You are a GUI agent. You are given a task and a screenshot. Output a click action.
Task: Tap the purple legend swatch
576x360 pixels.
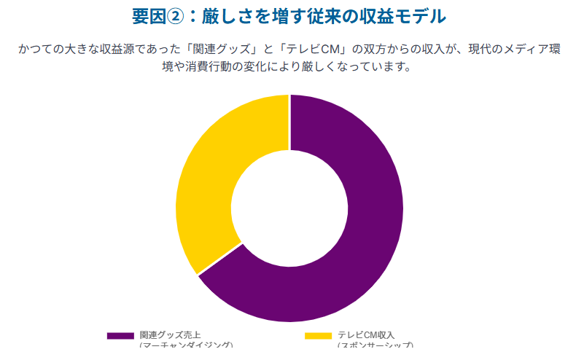tap(120, 336)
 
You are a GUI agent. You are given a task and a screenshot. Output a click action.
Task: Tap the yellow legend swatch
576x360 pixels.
tap(318, 336)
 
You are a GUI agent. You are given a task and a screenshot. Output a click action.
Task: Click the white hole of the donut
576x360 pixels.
tap(289, 208)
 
